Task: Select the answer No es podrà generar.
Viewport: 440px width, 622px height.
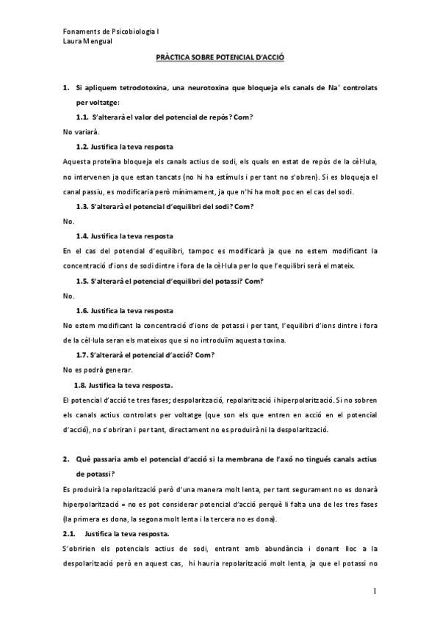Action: click(97, 370)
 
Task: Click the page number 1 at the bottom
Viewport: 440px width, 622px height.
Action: click(374, 591)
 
